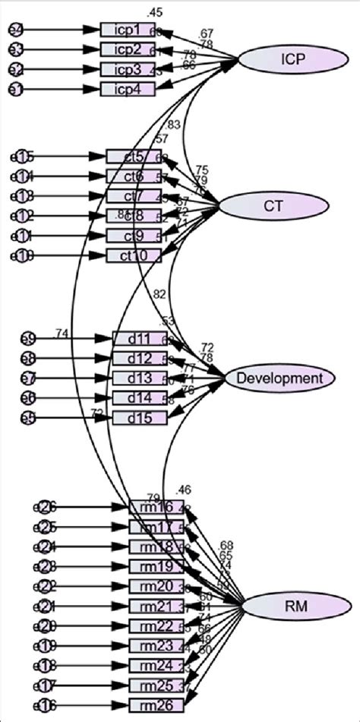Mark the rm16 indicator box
[156, 508]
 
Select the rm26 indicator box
[156, 705]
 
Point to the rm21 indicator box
[156, 606]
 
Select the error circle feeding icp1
[15, 30]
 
